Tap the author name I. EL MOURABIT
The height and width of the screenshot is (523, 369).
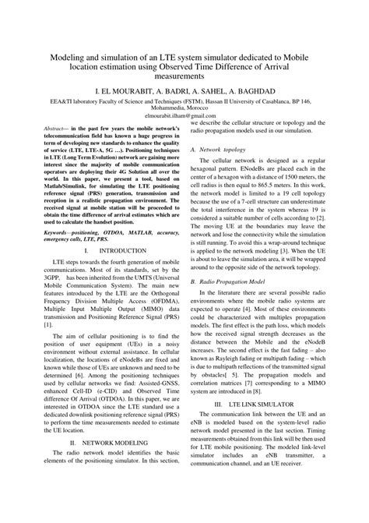(121, 91)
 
